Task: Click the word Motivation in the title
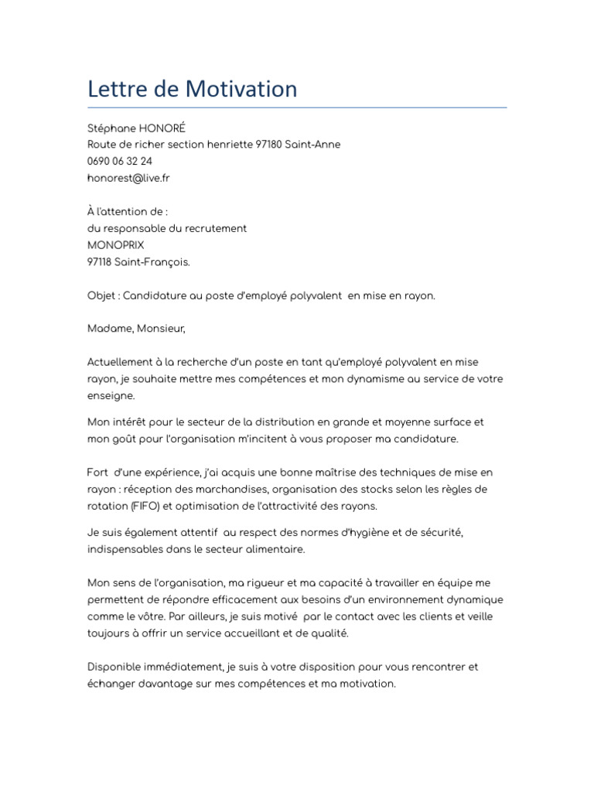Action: coord(241,89)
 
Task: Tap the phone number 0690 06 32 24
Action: coord(120,161)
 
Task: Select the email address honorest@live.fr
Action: coord(128,178)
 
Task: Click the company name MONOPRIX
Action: coord(116,244)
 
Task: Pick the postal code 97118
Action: coord(100,261)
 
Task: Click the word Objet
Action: coord(102,295)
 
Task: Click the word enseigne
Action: coord(111,395)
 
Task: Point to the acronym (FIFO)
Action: coord(141,506)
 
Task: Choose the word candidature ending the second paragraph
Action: coord(430,439)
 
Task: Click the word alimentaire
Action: coord(275,549)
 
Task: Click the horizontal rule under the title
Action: coord(297,108)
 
